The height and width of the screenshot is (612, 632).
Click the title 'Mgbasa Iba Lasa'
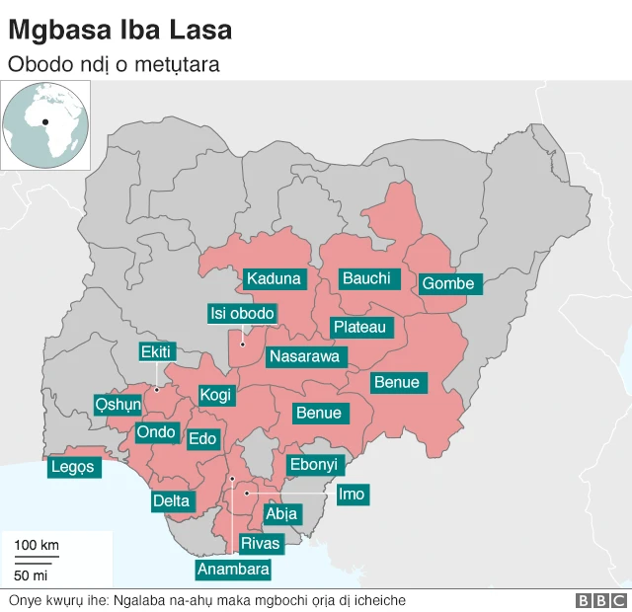[x=119, y=30]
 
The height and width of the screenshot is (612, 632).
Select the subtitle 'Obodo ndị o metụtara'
[x=113, y=64]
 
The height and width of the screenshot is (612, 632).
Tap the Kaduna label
[x=273, y=278]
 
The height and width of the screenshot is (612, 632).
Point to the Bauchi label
[x=365, y=278]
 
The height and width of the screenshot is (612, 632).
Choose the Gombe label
[x=447, y=284]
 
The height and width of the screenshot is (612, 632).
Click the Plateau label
[x=359, y=327]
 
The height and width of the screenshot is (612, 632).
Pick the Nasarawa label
[x=304, y=356]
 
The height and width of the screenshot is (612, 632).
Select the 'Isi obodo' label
[x=242, y=314]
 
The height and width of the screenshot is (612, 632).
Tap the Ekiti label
[x=156, y=352]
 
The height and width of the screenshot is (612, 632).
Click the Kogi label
[x=215, y=396]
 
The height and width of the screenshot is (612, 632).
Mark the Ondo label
[x=156, y=432]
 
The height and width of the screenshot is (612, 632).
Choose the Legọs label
[x=74, y=467]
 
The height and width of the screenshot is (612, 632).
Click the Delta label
[x=171, y=501]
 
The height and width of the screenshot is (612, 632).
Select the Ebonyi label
[x=312, y=464]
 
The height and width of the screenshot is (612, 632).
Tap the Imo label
[x=351, y=494]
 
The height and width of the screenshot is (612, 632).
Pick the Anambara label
[x=233, y=570]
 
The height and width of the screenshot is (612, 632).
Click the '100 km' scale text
[x=37, y=545]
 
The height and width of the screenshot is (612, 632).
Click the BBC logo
[x=600, y=600]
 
